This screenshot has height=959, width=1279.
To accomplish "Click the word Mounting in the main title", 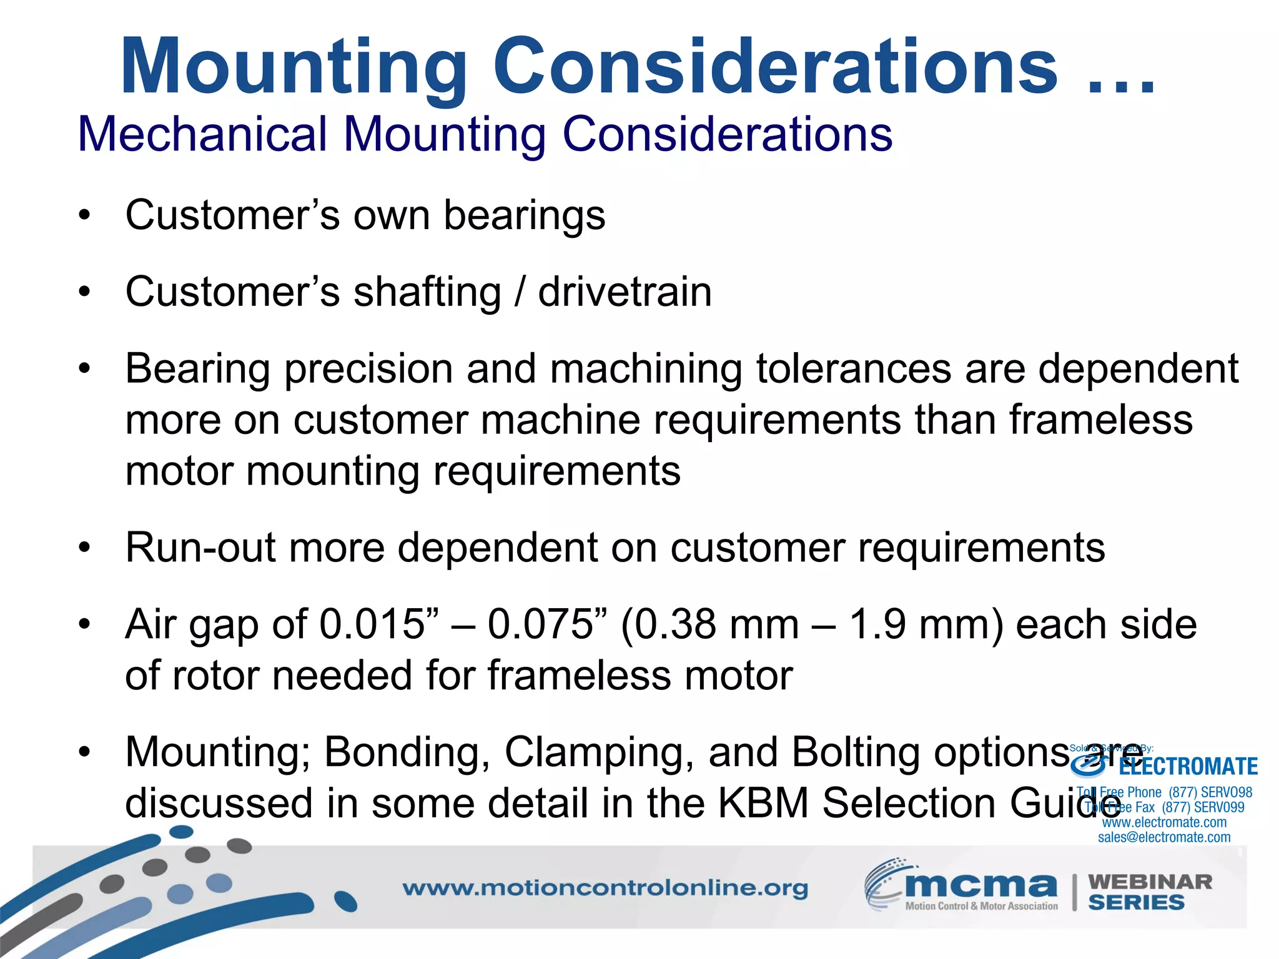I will point(294,67).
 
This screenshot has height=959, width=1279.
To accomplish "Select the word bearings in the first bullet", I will point(524,215).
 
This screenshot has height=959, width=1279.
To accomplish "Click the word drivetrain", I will point(625,292).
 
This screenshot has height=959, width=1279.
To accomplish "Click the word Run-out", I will point(200,548).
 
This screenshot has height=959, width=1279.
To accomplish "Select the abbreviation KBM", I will point(763,804).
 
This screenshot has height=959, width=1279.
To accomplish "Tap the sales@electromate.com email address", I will point(1164,838).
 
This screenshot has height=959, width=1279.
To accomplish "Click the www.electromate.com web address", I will point(1164,823).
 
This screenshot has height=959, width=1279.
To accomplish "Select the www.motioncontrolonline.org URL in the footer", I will point(605,888).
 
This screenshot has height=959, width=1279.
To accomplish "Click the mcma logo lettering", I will point(980,885).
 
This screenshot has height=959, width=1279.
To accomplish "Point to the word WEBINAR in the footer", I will point(1150,882).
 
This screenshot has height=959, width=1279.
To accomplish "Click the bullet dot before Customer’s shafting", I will point(85,292).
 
